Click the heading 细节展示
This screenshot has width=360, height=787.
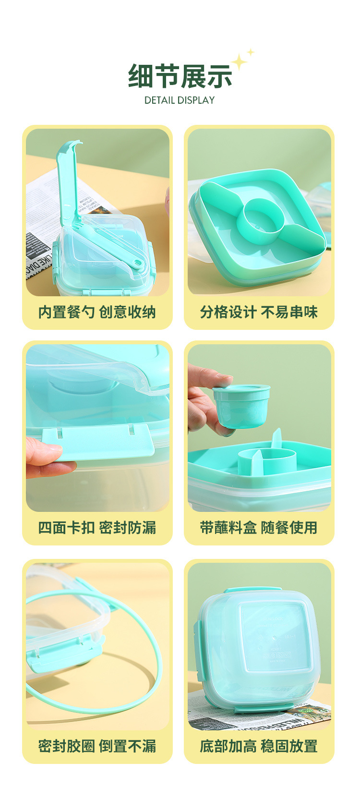(180, 76)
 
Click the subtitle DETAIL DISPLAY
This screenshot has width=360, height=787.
(180, 100)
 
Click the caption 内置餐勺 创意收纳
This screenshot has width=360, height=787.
(97, 312)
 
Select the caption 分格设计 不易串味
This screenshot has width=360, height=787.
(259, 312)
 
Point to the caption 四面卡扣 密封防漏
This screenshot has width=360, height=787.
(97, 528)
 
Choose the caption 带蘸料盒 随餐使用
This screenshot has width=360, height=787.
(259, 528)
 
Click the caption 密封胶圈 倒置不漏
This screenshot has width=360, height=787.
(97, 746)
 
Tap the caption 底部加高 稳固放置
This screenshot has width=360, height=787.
(259, 746)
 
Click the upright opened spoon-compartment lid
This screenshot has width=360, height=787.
(68, 182)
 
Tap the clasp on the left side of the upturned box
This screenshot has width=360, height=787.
(197, 643)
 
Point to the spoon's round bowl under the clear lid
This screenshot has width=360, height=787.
(138, 263)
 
